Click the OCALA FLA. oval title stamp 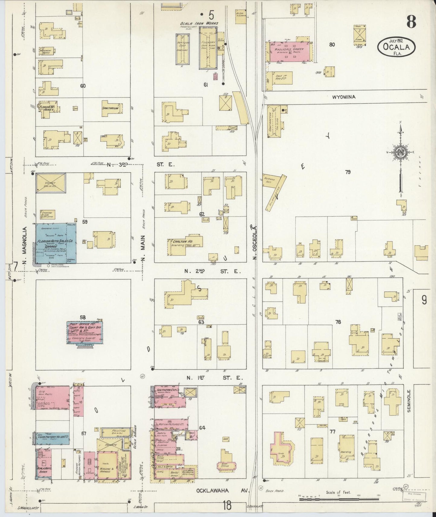pos(396,46)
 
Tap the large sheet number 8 pos(411,21)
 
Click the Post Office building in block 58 pos(85,332)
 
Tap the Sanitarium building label pos(112,108)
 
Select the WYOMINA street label pos(344,97)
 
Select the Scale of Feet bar pos(339,500)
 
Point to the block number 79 pos(348,172)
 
